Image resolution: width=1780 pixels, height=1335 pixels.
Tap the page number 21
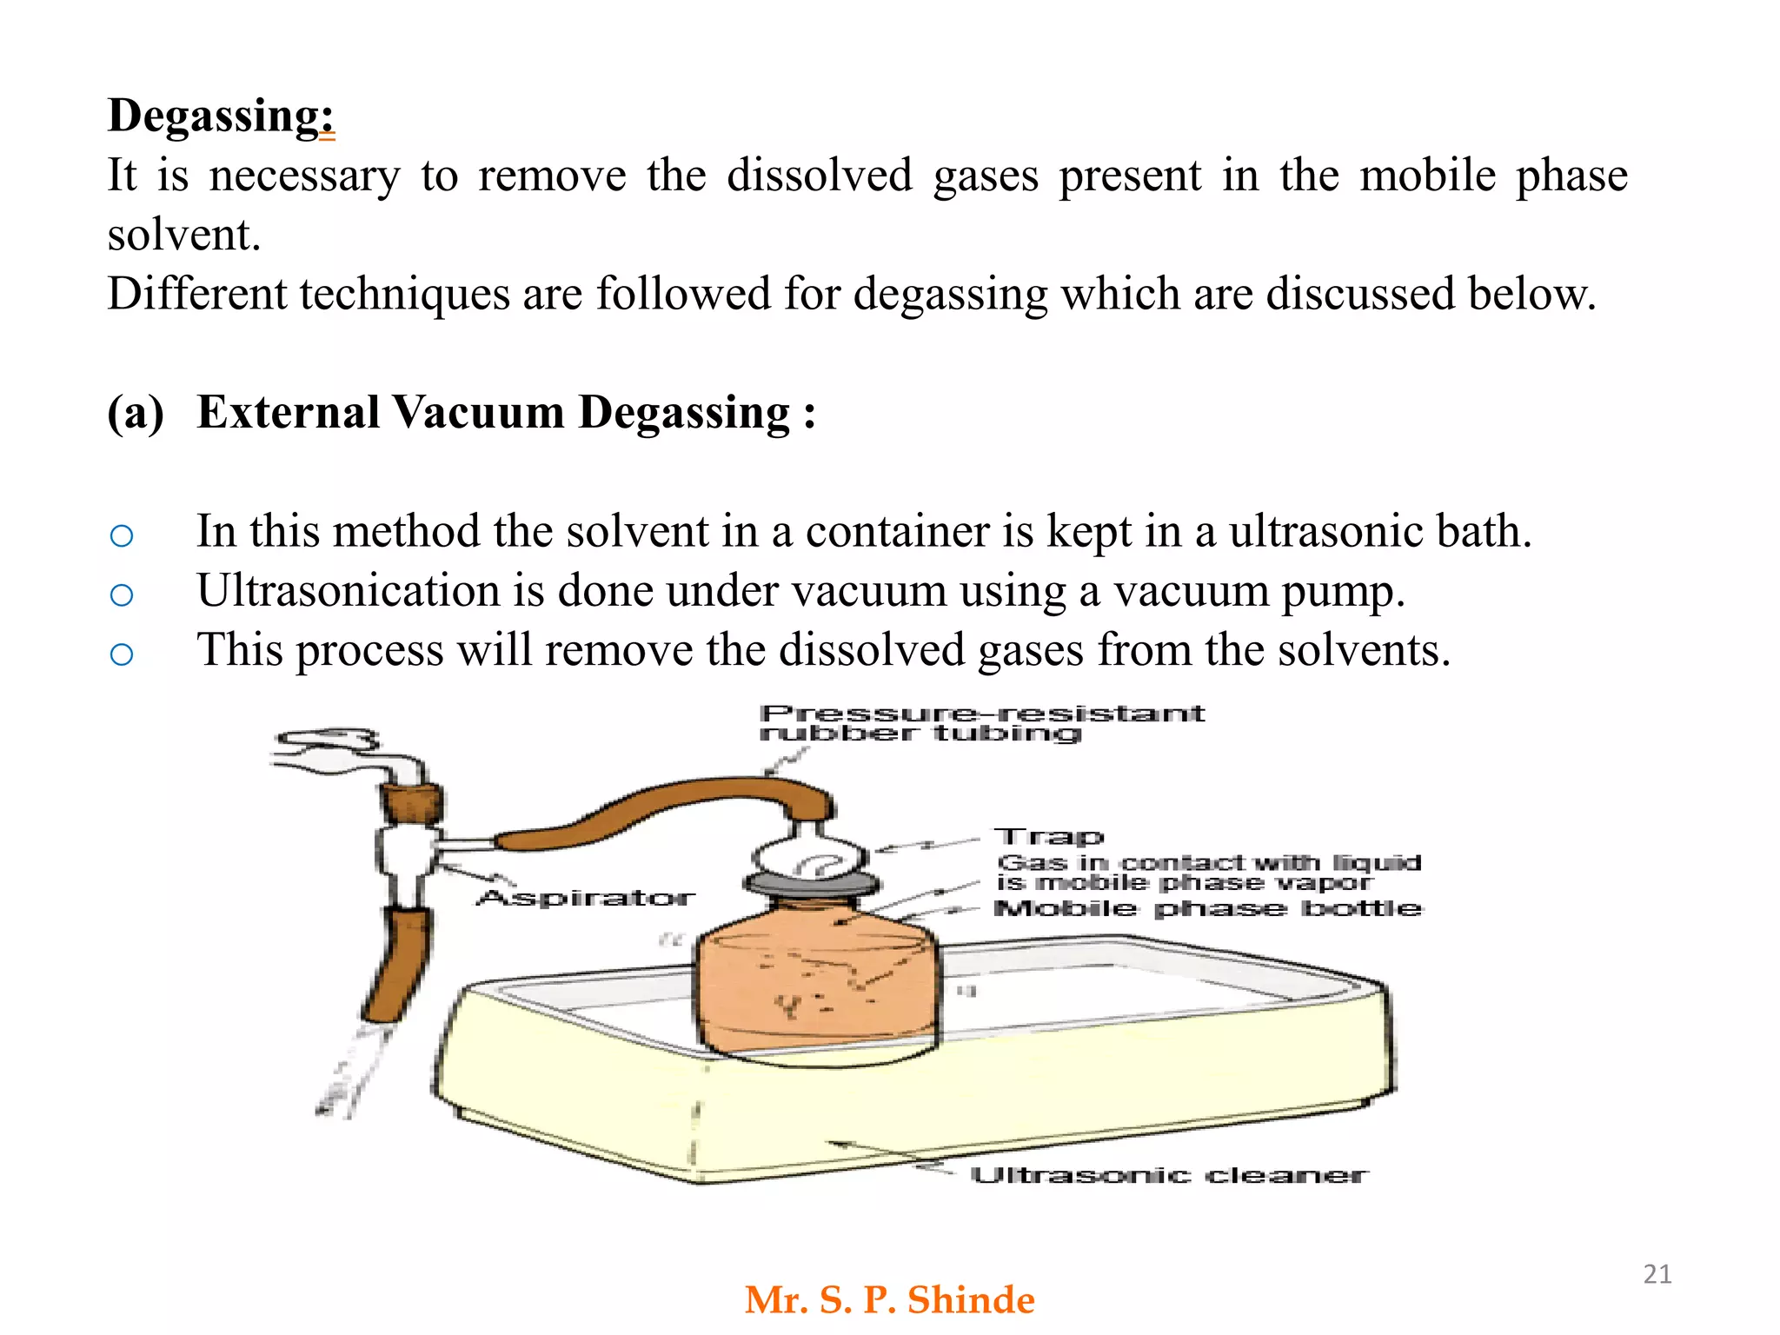pos(1657,1274)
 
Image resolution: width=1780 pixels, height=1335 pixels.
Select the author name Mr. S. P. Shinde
pos(890,1300)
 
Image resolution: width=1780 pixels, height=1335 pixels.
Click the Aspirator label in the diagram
pos(587,897)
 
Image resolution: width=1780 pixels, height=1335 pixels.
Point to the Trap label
pos(1050,837)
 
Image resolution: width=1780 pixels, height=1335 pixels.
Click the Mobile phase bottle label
pos(1208,908)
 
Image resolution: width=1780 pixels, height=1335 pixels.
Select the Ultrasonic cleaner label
pos(1169,1175)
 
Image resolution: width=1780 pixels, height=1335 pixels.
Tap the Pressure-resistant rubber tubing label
pos(982,723)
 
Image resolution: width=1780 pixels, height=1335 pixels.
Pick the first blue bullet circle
pos(122,535)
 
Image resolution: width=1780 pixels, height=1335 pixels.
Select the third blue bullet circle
pos(122,654)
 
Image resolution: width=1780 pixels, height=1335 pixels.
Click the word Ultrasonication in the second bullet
pos(349,591)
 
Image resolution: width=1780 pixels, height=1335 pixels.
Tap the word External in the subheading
pos(289,412)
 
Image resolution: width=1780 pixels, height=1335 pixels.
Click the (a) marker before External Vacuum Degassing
pos(136,413)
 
